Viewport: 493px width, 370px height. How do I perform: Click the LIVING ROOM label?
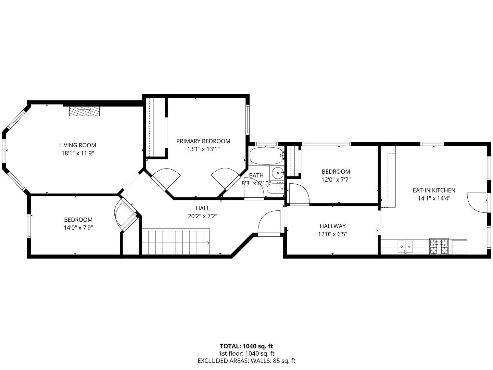[x=78, y=145]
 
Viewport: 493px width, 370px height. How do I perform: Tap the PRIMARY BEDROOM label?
[x=203, y=141]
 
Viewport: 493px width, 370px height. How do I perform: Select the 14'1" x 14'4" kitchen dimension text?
[x=434, y=198]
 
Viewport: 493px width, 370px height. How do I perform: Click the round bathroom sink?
[x=278, y=173]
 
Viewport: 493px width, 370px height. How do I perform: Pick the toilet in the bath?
[x=275, y=189]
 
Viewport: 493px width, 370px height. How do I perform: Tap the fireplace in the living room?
[x=84, y=111]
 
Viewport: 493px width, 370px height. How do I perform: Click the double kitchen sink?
[x=405, y=246]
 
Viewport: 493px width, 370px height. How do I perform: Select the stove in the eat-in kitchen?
[x=439, y=246]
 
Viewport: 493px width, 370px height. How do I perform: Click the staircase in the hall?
[x=176, y=242]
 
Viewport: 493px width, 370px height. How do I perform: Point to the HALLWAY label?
[x=333, y=226]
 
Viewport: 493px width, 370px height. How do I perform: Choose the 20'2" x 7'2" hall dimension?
[x=203, y=216]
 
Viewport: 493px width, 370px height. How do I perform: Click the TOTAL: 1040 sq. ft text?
[x=246, y=346]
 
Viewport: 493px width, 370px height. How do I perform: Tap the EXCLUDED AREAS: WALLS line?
[x=246, y=361]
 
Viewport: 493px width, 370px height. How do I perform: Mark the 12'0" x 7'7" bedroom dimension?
[x=336, y=180]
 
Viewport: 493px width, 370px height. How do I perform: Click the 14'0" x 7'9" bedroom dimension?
[x=78, y=228]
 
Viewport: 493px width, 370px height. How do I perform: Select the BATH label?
[x=256, y=175]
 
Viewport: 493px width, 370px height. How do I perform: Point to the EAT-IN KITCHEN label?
[x=434, y=190]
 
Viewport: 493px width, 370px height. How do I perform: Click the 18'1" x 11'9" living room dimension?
[x=78, y=153]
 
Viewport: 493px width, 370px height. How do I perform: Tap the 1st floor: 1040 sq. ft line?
[x=246, y=354]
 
